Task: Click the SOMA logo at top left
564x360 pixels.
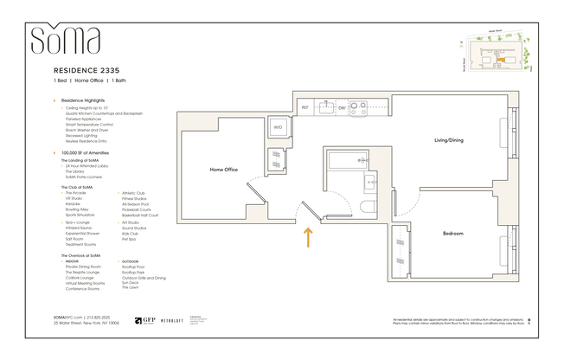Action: pos(66,40)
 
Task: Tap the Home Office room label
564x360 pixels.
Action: pos(224,170)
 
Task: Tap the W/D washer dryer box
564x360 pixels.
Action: pos(279,127)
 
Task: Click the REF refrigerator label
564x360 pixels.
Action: pos(305,108)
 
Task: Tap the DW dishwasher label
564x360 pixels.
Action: pos(342,108)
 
